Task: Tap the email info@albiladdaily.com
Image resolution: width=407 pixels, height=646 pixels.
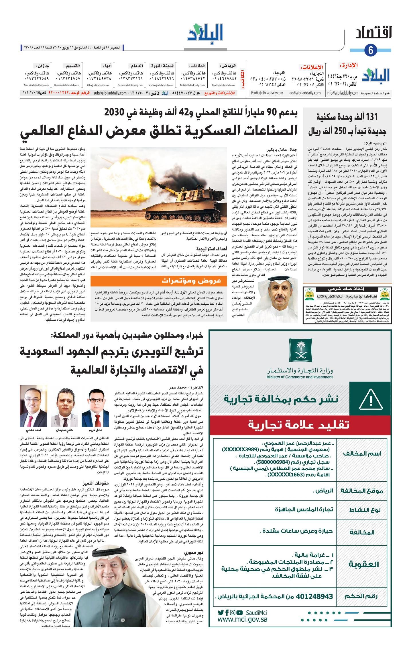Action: [x=343, y=93]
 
